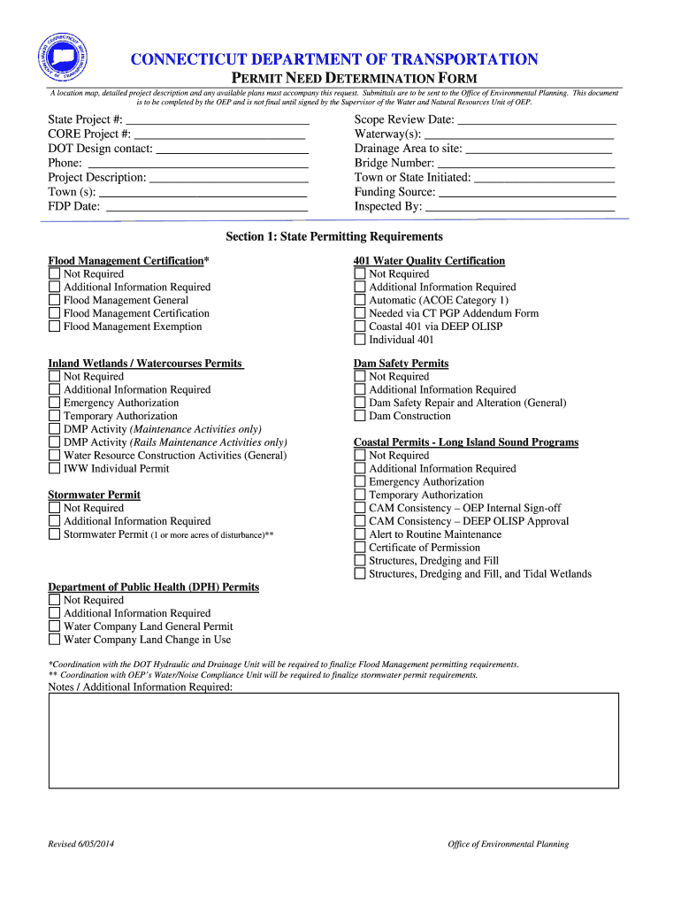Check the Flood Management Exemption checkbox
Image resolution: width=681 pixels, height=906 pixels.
[x=54, y=326]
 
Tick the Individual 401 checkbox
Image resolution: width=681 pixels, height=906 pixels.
[x=359, y=340]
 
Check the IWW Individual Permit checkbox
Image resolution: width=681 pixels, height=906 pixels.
[x=54, y=469]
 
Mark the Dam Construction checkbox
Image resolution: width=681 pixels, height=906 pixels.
[x=359, y=416]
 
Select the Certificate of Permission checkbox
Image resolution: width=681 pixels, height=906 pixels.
[x=359, y=548]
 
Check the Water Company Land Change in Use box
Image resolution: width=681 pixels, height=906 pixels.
[x=54, y=640]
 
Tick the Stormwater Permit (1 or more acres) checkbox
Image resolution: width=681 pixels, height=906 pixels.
[x=54, y=534]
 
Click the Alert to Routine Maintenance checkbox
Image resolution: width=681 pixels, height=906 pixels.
[x=359, y=534]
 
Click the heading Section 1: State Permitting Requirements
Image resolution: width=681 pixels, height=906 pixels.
[x=333, y=237]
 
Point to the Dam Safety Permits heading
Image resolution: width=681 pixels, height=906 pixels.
[x=401, y=364]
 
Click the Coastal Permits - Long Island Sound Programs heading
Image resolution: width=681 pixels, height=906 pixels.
[x=465, y=442]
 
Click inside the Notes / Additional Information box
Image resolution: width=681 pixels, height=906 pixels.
[x=333, y=741]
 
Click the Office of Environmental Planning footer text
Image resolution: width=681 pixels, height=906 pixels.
[x=508, y=844]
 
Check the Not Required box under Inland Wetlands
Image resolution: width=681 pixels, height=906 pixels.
[x=54, y=377]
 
